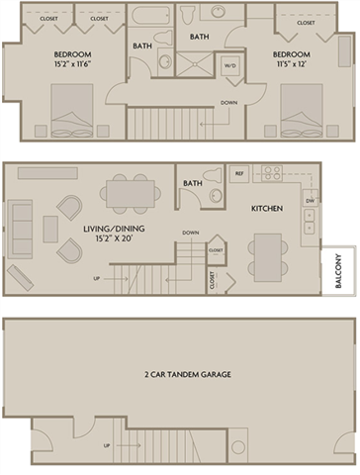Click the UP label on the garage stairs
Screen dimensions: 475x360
pos(106,444)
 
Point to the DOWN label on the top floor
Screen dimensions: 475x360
pos(228,102)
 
